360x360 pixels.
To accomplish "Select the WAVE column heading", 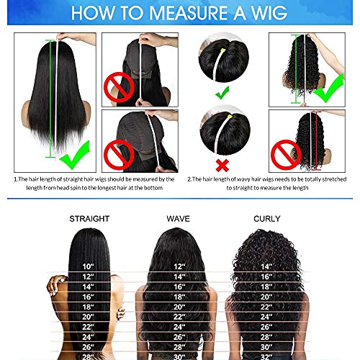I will (x=178, y=218).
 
